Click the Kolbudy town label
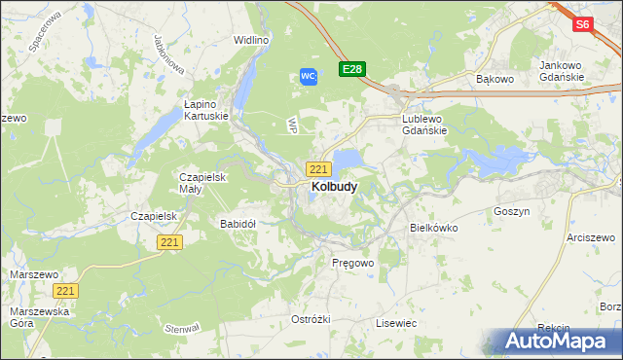tap(333, 186)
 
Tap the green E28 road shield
tap(351, 69)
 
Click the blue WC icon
tap(308, 76)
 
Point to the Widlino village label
tap(250, 40)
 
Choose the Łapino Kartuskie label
tap(206, 109)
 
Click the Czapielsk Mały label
tap(202, 183)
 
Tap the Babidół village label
tap(238, 223)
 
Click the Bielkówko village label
tap(433, 227)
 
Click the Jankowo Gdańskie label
tap(561, 71)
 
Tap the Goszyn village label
tap(511, 210)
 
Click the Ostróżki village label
tap(311, 319)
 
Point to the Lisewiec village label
tap(396, 322)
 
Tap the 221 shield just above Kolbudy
tap(317, 168)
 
